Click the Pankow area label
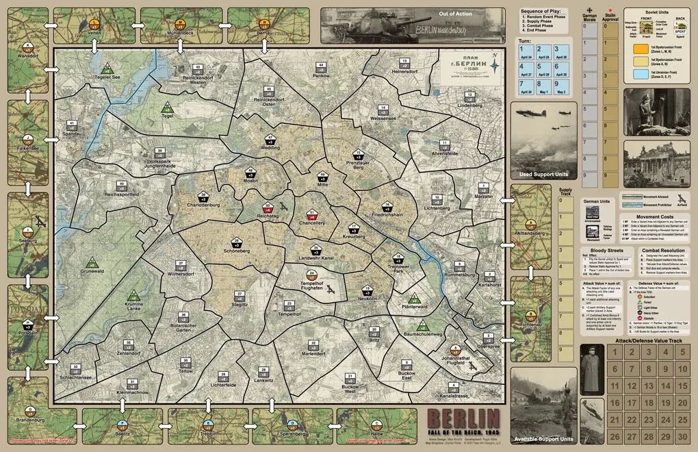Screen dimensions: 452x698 [x=321, y=75]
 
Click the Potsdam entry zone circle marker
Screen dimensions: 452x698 [x=27, y=323]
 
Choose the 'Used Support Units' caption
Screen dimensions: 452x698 [x=544, y=175]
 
